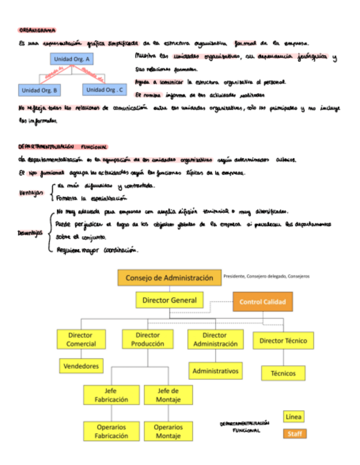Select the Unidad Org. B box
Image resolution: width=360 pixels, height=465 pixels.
point(40,90)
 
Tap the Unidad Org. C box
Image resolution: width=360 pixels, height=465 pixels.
point(105,89)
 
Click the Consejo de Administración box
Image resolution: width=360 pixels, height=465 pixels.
point(169,277)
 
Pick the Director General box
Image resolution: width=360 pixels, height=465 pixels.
point(169,300)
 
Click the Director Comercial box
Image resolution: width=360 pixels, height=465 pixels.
point(81,339)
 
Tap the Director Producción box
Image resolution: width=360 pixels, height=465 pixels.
point(148,339)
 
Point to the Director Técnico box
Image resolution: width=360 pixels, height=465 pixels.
point(283,341)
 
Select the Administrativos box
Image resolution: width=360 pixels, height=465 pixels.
point(215,371)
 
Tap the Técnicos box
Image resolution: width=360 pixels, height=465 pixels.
point(283,373)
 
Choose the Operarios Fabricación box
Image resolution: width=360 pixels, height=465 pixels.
point(111,431)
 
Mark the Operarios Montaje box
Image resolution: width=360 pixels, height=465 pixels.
point(168,431)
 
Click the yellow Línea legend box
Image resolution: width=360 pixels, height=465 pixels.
point(293,417)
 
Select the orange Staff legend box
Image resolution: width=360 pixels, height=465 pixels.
point(295,434)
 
